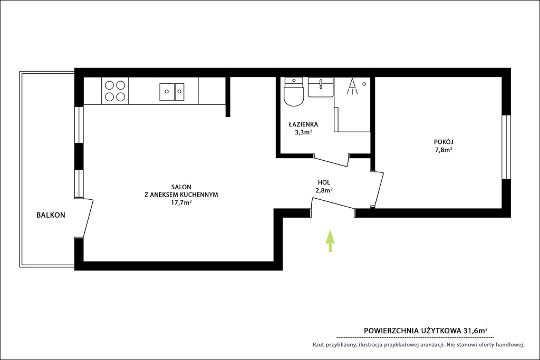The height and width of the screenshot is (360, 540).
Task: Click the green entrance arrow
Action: [x=330, y=241]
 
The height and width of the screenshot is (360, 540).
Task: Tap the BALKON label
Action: [x=51, y=215]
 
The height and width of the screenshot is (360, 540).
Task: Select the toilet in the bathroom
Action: [x=294, y=92]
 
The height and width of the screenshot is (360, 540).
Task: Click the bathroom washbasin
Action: [x=321, y=87]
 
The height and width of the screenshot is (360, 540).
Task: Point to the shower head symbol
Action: [x=352, y=87]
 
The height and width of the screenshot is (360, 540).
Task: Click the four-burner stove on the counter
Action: [x=115, y=91]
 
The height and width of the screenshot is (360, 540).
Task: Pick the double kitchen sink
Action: [x=172, y=92]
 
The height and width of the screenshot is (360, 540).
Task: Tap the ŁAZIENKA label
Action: [x=303, y=124]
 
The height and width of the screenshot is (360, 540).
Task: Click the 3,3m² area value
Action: [x=303, y=132]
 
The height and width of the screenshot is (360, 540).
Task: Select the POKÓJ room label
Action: [x=443, y=142]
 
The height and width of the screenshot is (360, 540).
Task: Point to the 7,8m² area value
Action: [x=443, y=150]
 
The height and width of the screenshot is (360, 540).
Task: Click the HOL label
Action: [x=324, y=182]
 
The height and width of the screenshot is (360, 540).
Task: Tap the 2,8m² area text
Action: [x=324, y=190]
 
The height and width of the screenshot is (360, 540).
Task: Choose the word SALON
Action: [x=181, y=187]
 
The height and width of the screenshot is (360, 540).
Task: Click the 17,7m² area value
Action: [x=181, y=202]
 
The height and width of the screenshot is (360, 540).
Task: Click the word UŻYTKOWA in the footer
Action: [x=441, y=330]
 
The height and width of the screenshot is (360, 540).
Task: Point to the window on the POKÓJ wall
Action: [x=506, y=147]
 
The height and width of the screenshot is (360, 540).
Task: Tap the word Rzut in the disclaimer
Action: [x=319, y=345]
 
